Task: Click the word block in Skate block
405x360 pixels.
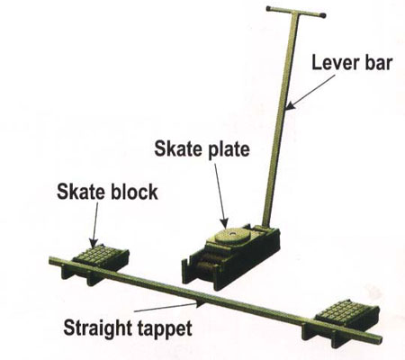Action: [x=134, y=192]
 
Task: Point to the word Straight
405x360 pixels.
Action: [x=97, y=328]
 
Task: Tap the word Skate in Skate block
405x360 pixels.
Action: [x=81, y=192]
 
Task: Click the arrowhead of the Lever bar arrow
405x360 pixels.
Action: [x=291, y=105]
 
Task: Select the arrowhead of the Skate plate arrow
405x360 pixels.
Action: [x=224, y=223]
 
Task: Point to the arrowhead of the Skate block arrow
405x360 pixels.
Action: [x=94, y=242]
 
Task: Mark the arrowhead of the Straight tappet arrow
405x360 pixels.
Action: [x=201, y=303]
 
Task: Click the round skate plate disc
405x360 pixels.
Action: [x=232, y=235]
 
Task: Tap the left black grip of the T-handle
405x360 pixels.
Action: [x=269, y=8]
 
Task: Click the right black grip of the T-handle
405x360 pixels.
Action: [x=322, y=15]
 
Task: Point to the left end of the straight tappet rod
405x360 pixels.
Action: [x=51, y=260]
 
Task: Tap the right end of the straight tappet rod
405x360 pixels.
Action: [x=380, y=340]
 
